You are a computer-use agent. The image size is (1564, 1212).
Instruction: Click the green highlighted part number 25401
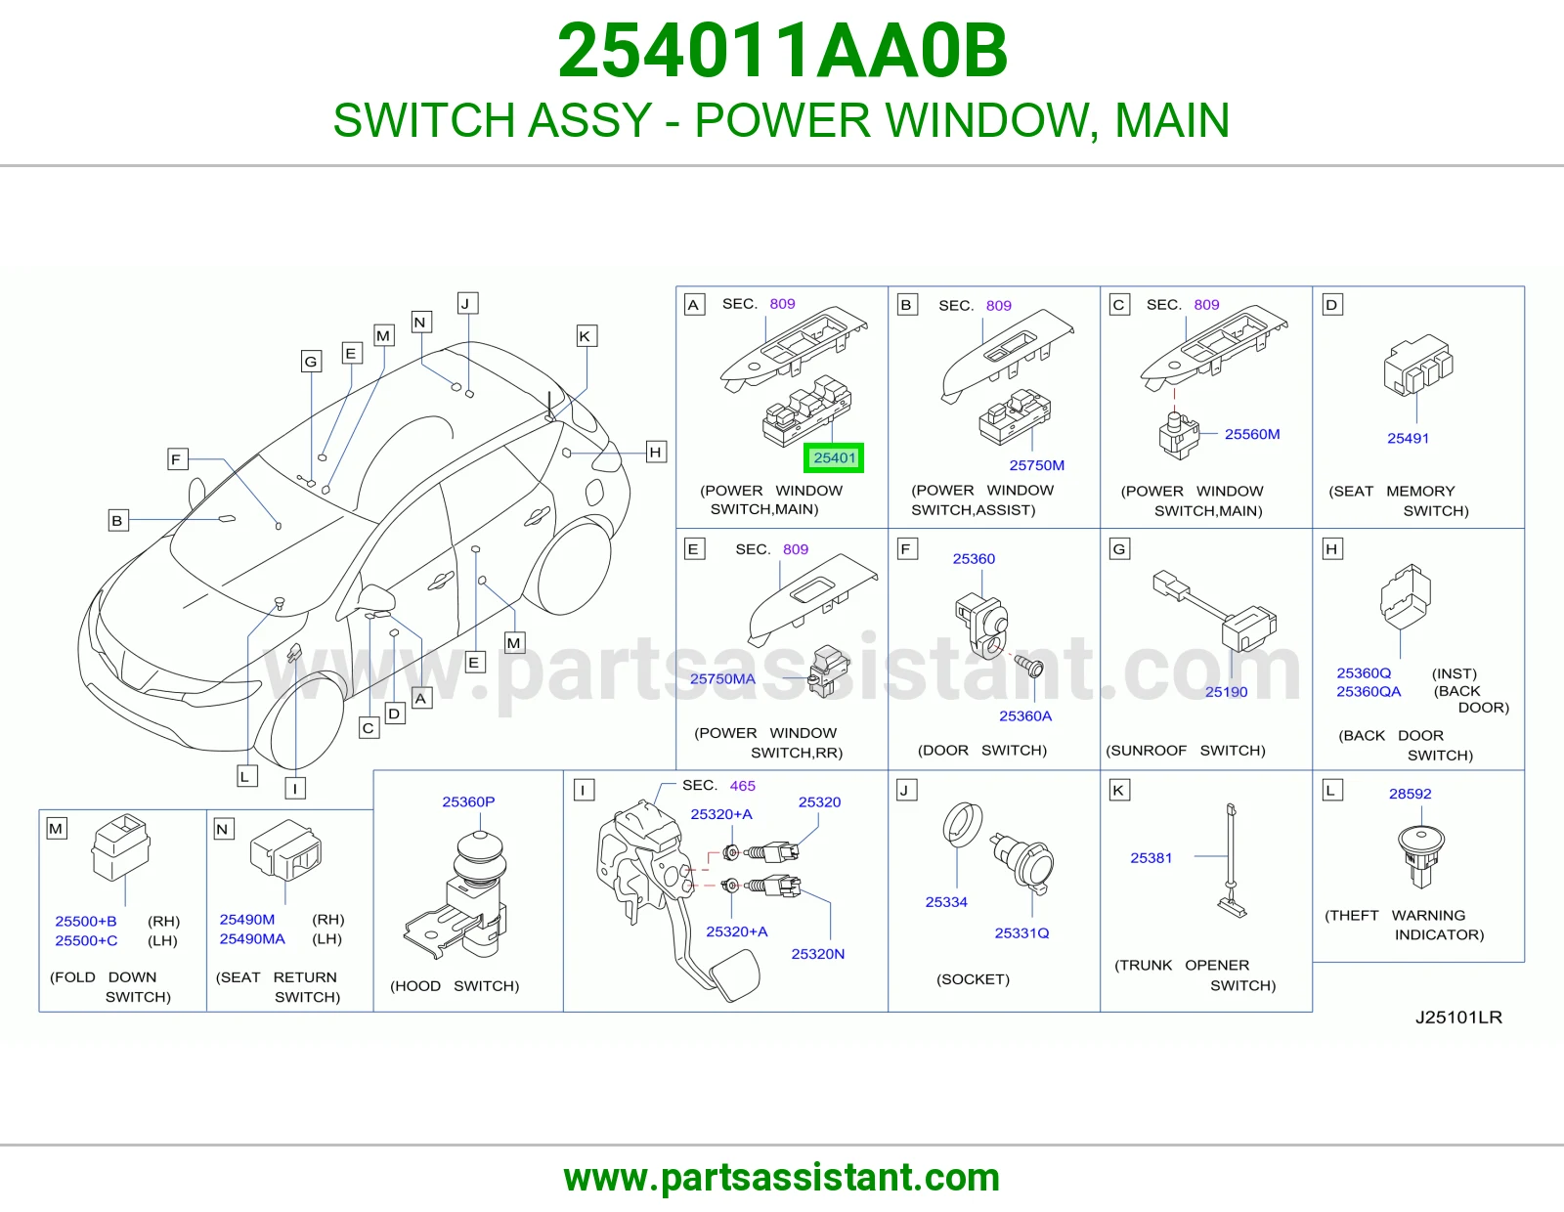[834, 457]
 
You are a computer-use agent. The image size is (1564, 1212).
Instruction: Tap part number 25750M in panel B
[1036, 465]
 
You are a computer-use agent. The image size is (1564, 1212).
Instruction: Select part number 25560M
[1252, 434]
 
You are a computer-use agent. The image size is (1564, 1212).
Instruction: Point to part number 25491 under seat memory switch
[1408, 438]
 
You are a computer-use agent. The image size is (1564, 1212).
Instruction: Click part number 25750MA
[722, 678]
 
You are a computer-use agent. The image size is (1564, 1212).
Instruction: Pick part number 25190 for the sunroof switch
[1227, 692]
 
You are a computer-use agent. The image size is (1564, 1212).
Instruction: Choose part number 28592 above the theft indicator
[1410, 794]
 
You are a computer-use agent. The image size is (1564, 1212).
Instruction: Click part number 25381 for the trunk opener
[1151, 858]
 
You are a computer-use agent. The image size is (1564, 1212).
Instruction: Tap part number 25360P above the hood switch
[468, 801]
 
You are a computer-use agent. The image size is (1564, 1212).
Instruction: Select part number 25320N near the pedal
[817, 954]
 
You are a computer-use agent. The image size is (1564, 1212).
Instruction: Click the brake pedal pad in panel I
[734, 974]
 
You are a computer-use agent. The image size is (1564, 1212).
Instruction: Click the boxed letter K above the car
[586, 336]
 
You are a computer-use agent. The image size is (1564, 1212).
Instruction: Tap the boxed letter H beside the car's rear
[655, 452]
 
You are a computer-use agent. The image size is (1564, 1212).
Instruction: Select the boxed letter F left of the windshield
[176, 459]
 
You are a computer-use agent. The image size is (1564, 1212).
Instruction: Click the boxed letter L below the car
[247, 777]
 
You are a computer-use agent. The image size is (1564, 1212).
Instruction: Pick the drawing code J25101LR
[1458, 1017]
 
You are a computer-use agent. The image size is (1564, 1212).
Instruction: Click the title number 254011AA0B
[782, 51]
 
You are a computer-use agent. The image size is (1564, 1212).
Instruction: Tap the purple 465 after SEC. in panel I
[742, 786]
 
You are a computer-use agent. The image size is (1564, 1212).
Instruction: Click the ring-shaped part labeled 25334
[962, 824]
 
